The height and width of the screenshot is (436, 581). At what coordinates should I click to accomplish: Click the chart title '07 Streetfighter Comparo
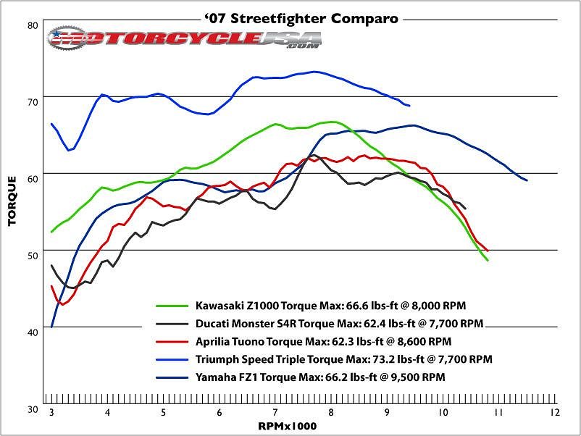(x=292, y=19)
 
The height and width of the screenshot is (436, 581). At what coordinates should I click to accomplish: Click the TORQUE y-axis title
(x=12, y=201)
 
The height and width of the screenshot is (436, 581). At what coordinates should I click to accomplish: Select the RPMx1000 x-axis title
(x=288, y=427)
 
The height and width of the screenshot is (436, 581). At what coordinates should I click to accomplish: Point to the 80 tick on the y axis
(x=32, y=25)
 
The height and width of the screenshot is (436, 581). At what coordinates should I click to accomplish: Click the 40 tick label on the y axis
(x=32, y=332)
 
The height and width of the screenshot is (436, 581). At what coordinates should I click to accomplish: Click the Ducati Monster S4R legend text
(x=338, y=322)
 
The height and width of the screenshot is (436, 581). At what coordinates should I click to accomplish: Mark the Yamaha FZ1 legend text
(x=319, y=377)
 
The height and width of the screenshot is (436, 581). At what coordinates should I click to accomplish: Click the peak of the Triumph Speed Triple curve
(x=314, y=72)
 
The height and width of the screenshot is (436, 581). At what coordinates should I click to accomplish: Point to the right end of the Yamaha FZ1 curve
(x=527, y=180)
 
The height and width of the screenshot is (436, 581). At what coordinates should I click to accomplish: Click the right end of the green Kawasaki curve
(x=488, y=260)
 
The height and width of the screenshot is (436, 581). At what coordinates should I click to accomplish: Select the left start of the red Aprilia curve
(x=51, y=286)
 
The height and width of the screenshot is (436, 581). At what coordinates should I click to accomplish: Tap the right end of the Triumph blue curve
(x=410, y=106)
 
